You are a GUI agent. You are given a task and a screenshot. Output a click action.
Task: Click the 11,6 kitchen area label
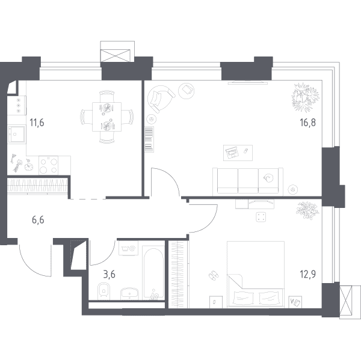[37, 123]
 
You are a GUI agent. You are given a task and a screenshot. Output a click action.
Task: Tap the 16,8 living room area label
[307, 123]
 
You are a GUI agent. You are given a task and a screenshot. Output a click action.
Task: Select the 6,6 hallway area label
[38, 220]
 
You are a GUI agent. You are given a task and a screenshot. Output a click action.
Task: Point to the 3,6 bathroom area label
[109, 275]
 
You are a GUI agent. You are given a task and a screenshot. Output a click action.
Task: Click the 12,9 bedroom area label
[307, 274]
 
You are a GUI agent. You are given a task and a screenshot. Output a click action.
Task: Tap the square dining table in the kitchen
[107, 117]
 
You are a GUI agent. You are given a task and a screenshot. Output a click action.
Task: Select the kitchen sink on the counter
[16, 134]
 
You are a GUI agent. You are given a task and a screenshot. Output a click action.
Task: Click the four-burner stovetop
[48, 165]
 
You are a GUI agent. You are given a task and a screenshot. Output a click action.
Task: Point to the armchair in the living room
[161, 99]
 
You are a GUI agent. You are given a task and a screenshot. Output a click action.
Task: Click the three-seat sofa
[248, 181]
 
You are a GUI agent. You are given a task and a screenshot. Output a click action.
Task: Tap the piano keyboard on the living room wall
[149, 139]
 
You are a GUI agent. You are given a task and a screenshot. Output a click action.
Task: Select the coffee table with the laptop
[238, 153]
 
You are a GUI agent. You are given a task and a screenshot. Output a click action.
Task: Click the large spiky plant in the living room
[305, 97]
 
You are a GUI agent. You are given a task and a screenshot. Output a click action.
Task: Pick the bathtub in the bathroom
[153, 273]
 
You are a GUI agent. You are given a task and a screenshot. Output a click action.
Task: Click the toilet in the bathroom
[104, 291]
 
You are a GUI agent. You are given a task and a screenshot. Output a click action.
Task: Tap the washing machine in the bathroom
[128, 248]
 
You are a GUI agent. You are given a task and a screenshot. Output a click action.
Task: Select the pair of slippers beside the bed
[214, 275]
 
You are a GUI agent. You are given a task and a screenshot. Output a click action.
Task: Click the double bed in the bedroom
[256, 274]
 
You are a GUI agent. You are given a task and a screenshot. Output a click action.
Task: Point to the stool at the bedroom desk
[261, 217]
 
